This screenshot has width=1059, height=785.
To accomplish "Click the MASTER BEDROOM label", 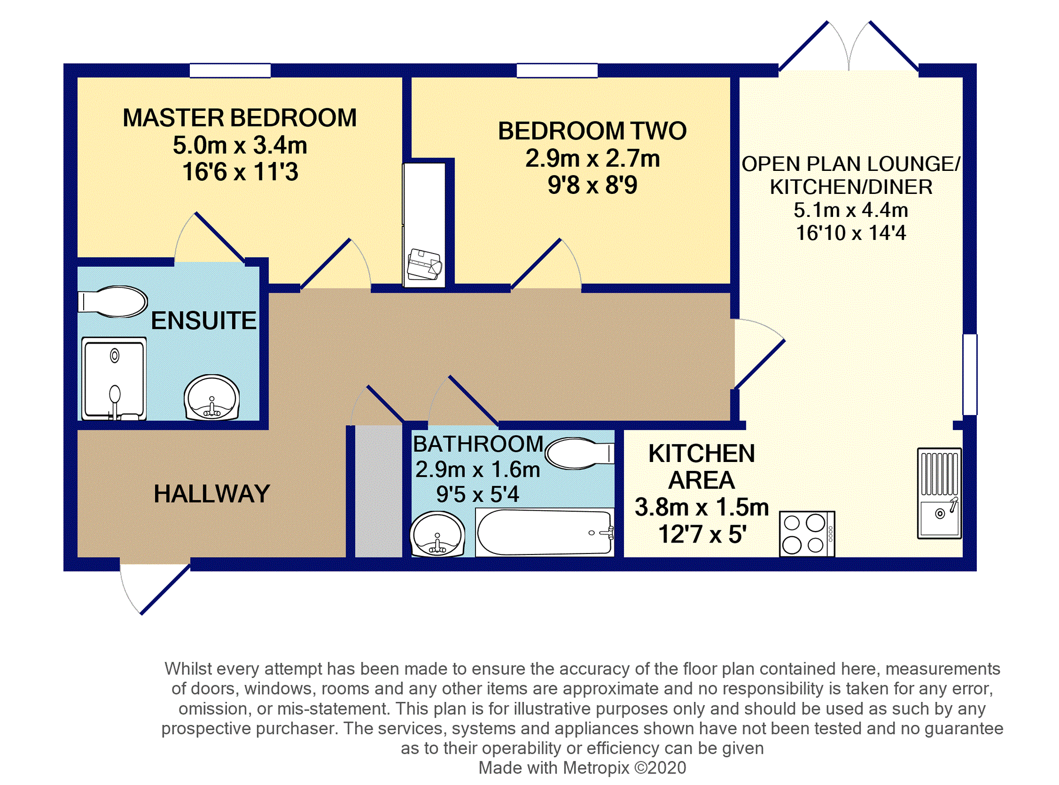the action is point(240,118).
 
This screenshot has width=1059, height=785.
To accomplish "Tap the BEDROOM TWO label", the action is point(592,131).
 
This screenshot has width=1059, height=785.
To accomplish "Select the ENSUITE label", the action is point(204,320).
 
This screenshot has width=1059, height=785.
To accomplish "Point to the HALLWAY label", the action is point(212,494).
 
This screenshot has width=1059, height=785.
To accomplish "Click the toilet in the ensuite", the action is point(112,302).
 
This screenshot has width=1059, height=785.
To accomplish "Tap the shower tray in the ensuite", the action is point(114,379).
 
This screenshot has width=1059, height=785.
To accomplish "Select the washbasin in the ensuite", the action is point(212,398).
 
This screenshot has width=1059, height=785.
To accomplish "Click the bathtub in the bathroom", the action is point(544,532).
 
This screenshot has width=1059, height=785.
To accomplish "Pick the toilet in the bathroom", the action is point(579,453).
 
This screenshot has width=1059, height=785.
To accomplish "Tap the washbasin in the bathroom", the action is point(438,534).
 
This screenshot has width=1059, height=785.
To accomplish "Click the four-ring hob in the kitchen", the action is point(807,534).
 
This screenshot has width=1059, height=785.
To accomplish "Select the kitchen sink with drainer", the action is point(940,493).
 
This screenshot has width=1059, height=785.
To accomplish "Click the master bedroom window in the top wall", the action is point(230,71).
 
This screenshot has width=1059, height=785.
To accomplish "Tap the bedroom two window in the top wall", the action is point(557,71).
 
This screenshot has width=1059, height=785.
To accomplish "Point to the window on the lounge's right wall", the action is point(970,375).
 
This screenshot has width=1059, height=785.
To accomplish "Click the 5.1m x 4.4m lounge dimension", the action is point(851,210).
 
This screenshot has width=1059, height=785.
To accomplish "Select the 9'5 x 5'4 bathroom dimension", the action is point(478,494).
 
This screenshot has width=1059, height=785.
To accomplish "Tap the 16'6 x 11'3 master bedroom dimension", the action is point(240,172).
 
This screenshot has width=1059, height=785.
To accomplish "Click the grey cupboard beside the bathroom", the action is point(379,491).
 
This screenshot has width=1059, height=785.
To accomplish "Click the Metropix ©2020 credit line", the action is point(582,768).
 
